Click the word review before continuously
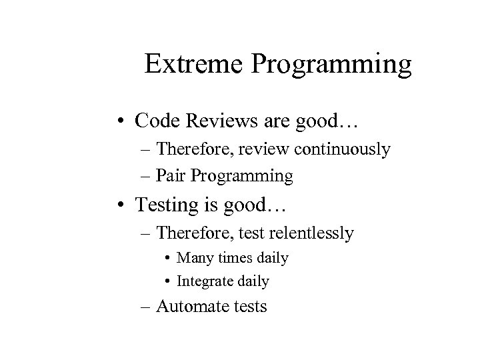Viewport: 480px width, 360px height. [271, 150]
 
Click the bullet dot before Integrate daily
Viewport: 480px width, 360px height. [167, 281]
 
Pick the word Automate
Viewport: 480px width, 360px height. [199, 307]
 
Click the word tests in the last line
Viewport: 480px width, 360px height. [248, 307]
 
